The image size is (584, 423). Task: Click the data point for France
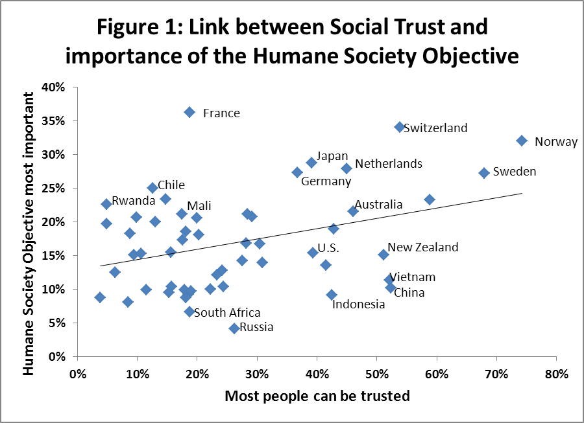189,112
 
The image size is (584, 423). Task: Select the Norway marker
522,141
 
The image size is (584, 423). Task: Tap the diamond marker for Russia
234,328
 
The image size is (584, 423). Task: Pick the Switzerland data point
400,127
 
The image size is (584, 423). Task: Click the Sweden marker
484,173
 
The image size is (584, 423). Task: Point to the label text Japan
332,156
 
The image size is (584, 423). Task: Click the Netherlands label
389,164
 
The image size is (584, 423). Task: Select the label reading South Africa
227,313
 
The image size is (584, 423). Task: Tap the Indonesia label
359,304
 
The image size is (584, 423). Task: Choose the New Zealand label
422,247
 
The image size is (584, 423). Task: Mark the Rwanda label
133,201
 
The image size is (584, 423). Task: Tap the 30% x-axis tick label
256,374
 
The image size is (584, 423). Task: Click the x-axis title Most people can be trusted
317,396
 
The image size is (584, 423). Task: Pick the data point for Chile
152,188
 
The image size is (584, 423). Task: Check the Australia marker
353,211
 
